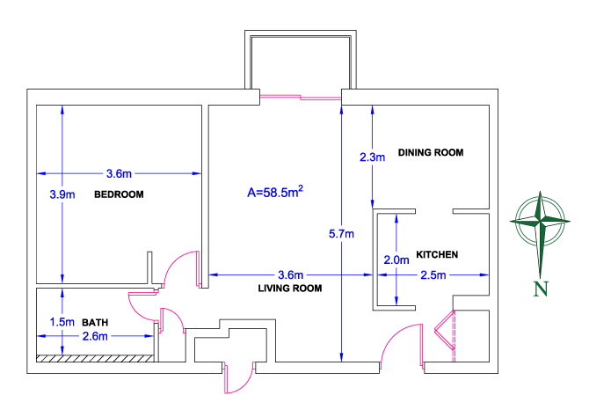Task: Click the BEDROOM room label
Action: [118, 194]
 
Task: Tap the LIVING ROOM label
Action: [290, 288]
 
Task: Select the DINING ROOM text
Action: [430, 153]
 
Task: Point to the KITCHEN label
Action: [437, 254]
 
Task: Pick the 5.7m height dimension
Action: [340, 234]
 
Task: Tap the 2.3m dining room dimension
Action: [373, 157]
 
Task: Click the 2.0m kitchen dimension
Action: [397, 260]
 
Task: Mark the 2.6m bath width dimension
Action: [95, 336]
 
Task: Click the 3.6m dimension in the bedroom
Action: [118, 172]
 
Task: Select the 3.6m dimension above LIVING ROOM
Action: [290, 274]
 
